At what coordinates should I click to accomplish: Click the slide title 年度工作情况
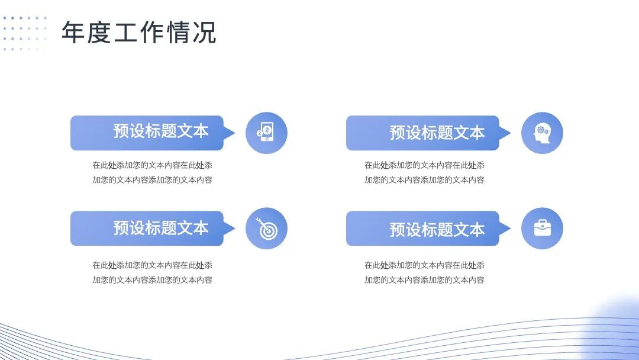coord(139,33)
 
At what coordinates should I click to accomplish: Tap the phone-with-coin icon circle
coord(266,133)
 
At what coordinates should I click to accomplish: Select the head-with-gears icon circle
coord(542,133)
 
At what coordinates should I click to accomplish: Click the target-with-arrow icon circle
coord(266,228)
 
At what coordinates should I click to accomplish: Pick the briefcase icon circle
coord(542,228)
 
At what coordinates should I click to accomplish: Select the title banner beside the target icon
coord(147,228)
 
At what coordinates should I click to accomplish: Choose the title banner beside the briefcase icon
coord(423,228)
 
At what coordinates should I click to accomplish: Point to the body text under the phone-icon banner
coord(152,172)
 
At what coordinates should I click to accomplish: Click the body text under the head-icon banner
coord(424,172)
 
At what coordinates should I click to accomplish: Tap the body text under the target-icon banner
coord(152,272)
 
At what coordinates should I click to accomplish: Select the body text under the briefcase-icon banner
coord(424,272)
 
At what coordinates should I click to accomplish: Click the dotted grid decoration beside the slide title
coord(24,33)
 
